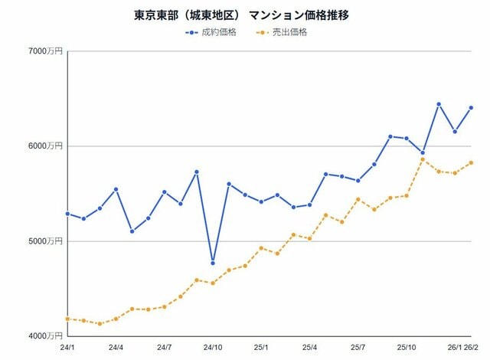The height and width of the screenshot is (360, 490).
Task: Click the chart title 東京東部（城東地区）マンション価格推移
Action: [x=241, y=15]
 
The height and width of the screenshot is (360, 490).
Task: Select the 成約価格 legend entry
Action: [x=211, y=32]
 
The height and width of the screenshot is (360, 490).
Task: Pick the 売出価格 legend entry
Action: [x=281, y=32]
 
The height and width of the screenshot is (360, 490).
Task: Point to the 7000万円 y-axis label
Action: [x=46, y=51]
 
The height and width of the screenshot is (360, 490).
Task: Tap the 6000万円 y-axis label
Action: [x=46, y=146]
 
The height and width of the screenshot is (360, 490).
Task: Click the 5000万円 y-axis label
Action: [x=46, y=241]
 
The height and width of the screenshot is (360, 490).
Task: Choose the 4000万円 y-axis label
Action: [x=46, y=336]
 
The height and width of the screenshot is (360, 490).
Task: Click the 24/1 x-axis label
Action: [x=67, y=347]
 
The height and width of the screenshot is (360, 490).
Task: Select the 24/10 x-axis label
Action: [x=213, y=347]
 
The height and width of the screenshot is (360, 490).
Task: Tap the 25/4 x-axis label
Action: [x=309, y=347]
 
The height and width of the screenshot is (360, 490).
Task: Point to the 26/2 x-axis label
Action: [x=471, y=347]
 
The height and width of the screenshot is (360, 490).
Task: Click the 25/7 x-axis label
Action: [x=358, y=347]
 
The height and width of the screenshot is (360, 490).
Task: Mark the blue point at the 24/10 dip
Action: [x=213, y=263]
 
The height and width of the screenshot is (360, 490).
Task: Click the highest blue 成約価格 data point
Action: [x=439, y=104]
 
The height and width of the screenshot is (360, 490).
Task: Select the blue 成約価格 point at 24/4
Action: [x=116, y=189]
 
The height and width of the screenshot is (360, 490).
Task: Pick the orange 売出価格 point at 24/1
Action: [x=67, y=319]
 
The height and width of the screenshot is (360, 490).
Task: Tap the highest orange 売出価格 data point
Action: [x=423, y=159]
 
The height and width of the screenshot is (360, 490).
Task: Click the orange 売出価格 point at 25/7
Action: [x=358, y=199]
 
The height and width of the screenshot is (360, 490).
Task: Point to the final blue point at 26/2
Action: [x=471, y=108]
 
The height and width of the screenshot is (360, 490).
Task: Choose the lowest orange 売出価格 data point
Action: [x=100, y=324]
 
